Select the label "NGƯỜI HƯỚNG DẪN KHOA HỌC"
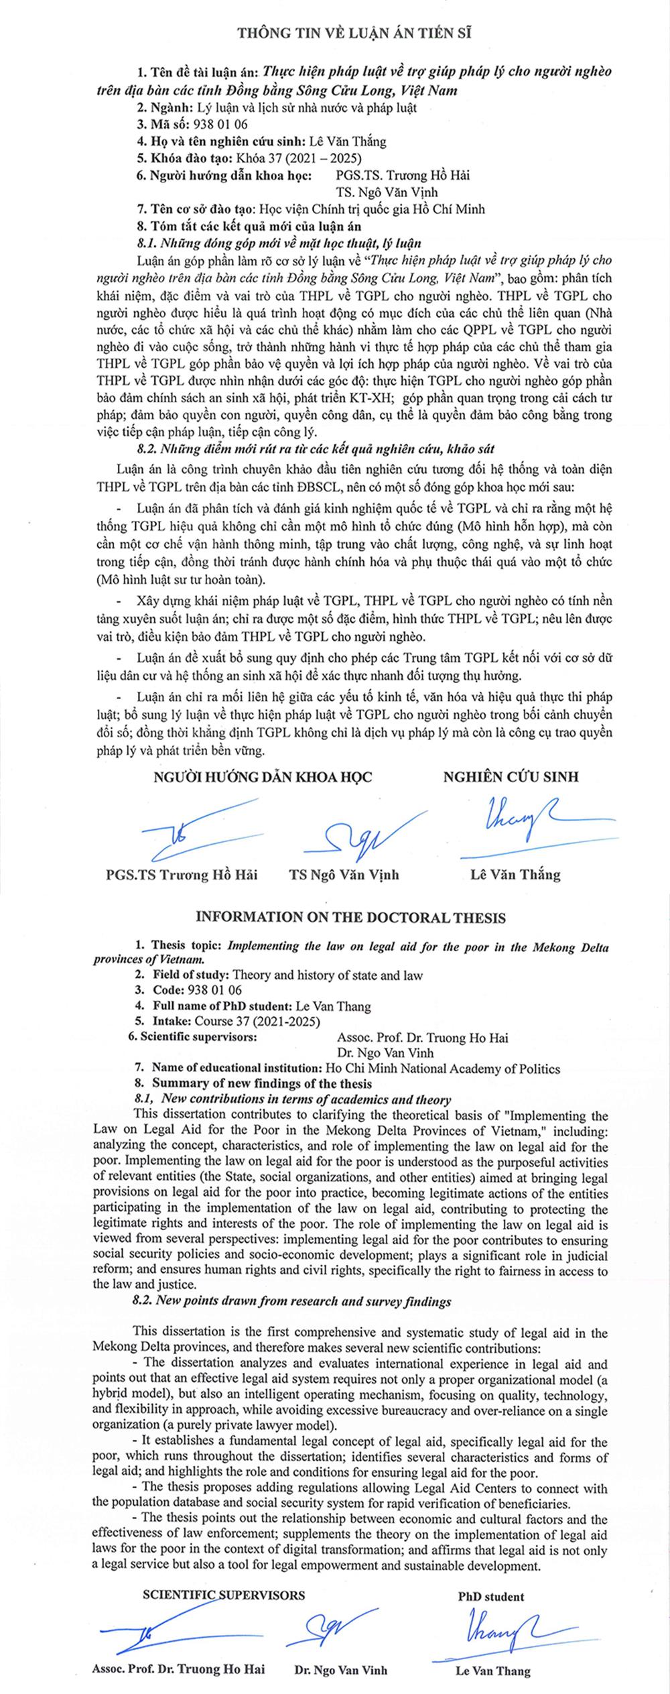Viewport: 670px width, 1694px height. coord(263,777)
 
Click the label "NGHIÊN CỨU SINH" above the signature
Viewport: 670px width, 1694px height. coord(511,777)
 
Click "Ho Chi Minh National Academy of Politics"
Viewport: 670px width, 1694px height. coord(442,1069)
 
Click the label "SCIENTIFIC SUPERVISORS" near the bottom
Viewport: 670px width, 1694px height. coord(224,1591)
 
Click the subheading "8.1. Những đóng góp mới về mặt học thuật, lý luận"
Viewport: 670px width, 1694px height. coord(279,241)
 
